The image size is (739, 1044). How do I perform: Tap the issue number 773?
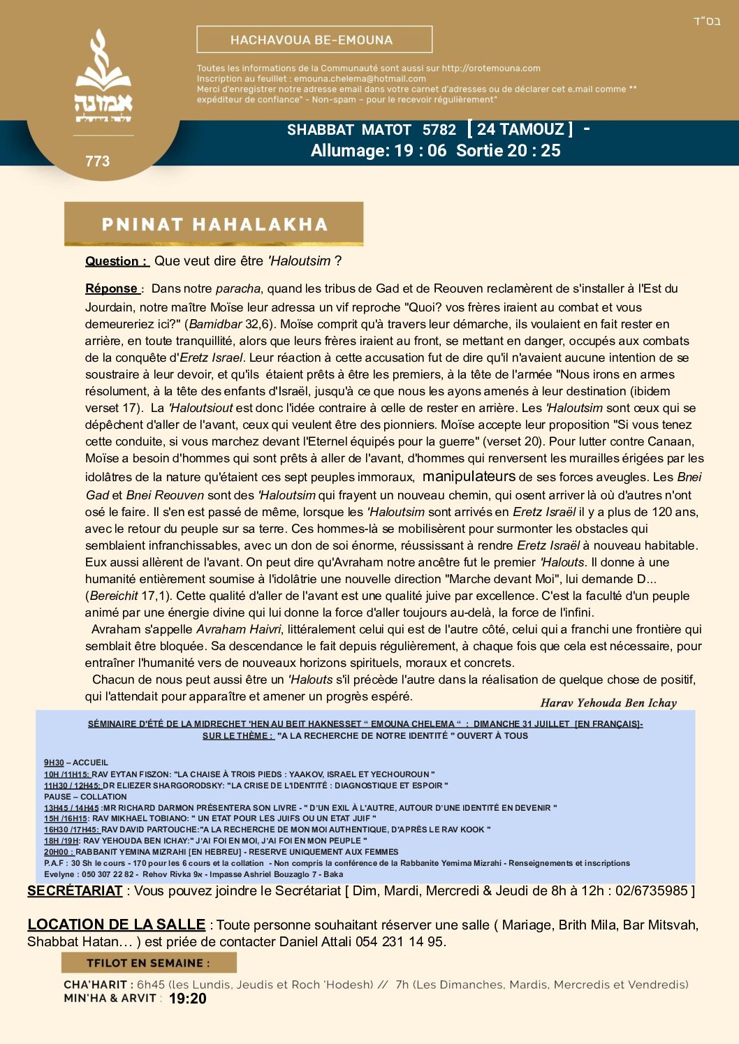pos(97,161)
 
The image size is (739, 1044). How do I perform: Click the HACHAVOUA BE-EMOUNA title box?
pos(314,40)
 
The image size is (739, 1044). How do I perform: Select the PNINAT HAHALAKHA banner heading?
pos(214,224)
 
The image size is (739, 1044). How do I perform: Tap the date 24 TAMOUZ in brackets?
pos(520,129)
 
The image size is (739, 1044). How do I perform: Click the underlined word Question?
pos(115,261)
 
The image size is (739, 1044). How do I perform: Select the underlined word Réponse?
pos(112,288)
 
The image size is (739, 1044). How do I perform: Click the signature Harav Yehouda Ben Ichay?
pos(608,703)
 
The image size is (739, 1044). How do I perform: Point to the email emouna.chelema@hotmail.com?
pos(360,79)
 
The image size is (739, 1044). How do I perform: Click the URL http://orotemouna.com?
pos(491,68)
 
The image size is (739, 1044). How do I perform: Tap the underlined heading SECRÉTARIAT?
pos(75,890)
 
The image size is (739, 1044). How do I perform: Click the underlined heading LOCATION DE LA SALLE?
pos(116,925)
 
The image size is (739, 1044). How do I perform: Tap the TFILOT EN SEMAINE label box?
pos(149,963)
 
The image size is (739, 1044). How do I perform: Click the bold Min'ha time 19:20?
pos(187,999)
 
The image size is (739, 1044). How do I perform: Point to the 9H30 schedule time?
pos(54,763)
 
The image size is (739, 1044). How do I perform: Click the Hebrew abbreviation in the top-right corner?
pos(706,22)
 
